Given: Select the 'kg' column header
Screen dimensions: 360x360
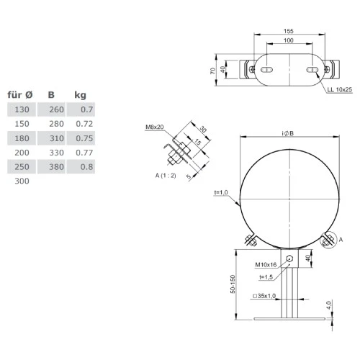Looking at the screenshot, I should [81, 94].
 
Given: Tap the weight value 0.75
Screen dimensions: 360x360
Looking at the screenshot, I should [86, 138].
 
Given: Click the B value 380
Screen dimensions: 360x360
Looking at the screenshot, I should [55, 167].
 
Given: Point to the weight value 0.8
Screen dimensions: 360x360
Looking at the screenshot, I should [87, 167].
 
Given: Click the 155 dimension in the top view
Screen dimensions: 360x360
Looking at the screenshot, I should [287, 32].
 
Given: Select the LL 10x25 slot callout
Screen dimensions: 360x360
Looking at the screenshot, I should [339, 89].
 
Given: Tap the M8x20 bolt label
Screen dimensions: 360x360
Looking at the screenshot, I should [155, 127].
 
